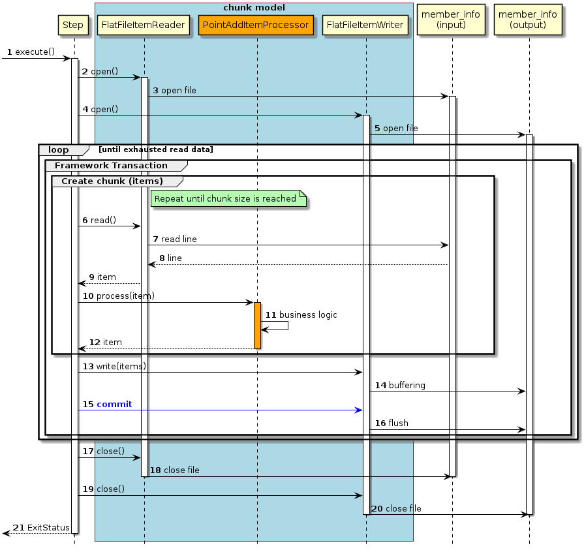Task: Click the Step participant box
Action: (73, 25)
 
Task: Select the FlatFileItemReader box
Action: (144, 25)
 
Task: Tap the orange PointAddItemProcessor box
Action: (256, 25)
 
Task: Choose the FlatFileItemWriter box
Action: (365, 25)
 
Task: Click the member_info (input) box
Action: (452, 20)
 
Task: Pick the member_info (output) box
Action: (529, 20)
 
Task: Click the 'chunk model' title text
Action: (254, 8)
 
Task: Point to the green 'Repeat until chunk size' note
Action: (226, 199)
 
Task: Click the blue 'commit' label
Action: (114, 405)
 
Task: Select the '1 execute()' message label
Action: (30, 52)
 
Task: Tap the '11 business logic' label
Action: (301, 314)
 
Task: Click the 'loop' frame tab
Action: (59, 150)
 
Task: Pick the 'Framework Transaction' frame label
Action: (111, 166)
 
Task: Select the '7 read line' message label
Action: (175, 239)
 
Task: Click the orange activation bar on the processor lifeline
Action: (257, 325)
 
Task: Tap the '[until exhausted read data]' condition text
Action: (155, 150)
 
